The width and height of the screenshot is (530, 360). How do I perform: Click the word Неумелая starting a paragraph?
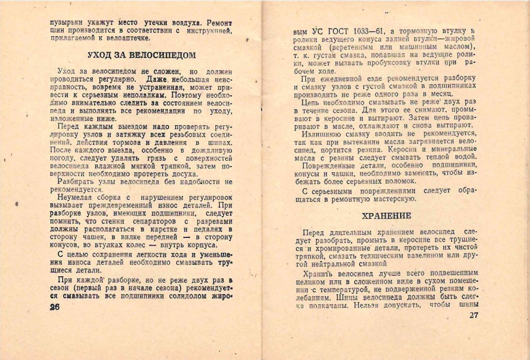(x=77, y=198)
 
